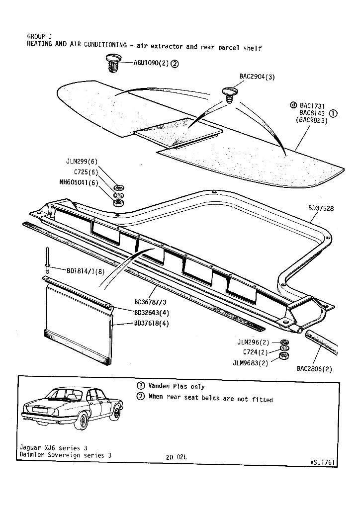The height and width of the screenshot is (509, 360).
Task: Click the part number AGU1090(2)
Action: click(151, 63)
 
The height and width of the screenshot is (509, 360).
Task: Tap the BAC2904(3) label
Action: click(257, 77)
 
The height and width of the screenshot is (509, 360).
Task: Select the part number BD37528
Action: click(320, 208)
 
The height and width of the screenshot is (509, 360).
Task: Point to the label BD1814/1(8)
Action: click(85, 271)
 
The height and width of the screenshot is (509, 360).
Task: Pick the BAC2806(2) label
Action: click(314, 368)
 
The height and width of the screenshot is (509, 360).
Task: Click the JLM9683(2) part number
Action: click(250, 363)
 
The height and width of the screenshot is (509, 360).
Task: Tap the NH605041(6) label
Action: click(78, 182)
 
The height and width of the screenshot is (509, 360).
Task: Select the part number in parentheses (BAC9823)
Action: click(312, 120)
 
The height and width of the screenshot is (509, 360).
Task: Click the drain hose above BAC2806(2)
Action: click(318, 343)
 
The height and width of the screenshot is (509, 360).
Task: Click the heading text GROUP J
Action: click(39, 36)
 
